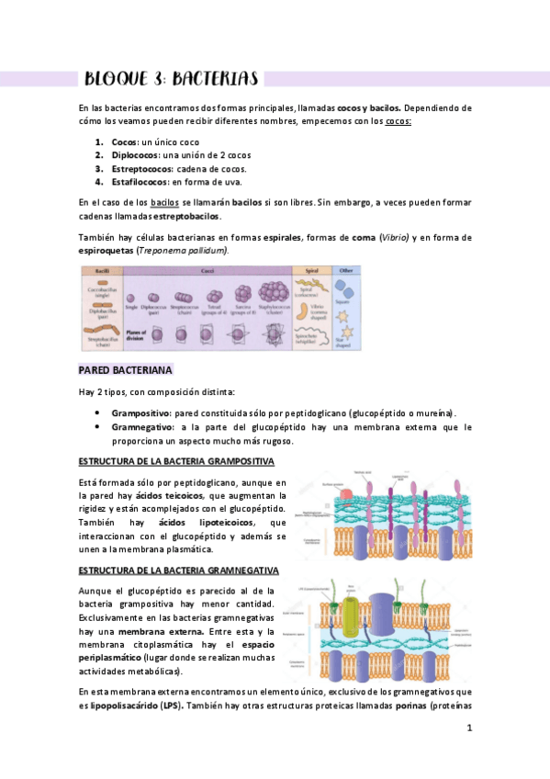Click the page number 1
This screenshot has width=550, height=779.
point(468,728)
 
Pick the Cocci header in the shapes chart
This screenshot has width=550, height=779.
point(207,272)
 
